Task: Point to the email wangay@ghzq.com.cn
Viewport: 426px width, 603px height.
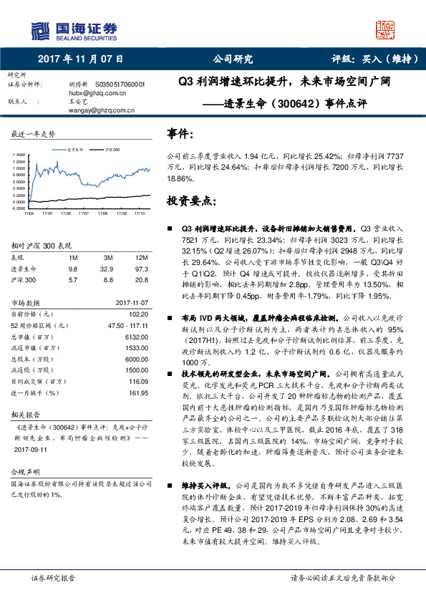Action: click(102, 110)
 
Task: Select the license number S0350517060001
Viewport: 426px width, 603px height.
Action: click(120, 85)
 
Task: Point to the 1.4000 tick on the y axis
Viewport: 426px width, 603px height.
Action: click(17, 155)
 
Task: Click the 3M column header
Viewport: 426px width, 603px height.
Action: click(109, 257)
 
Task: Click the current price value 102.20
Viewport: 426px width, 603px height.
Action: click(137, 314)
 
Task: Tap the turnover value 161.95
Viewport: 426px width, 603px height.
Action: click(137, 394)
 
